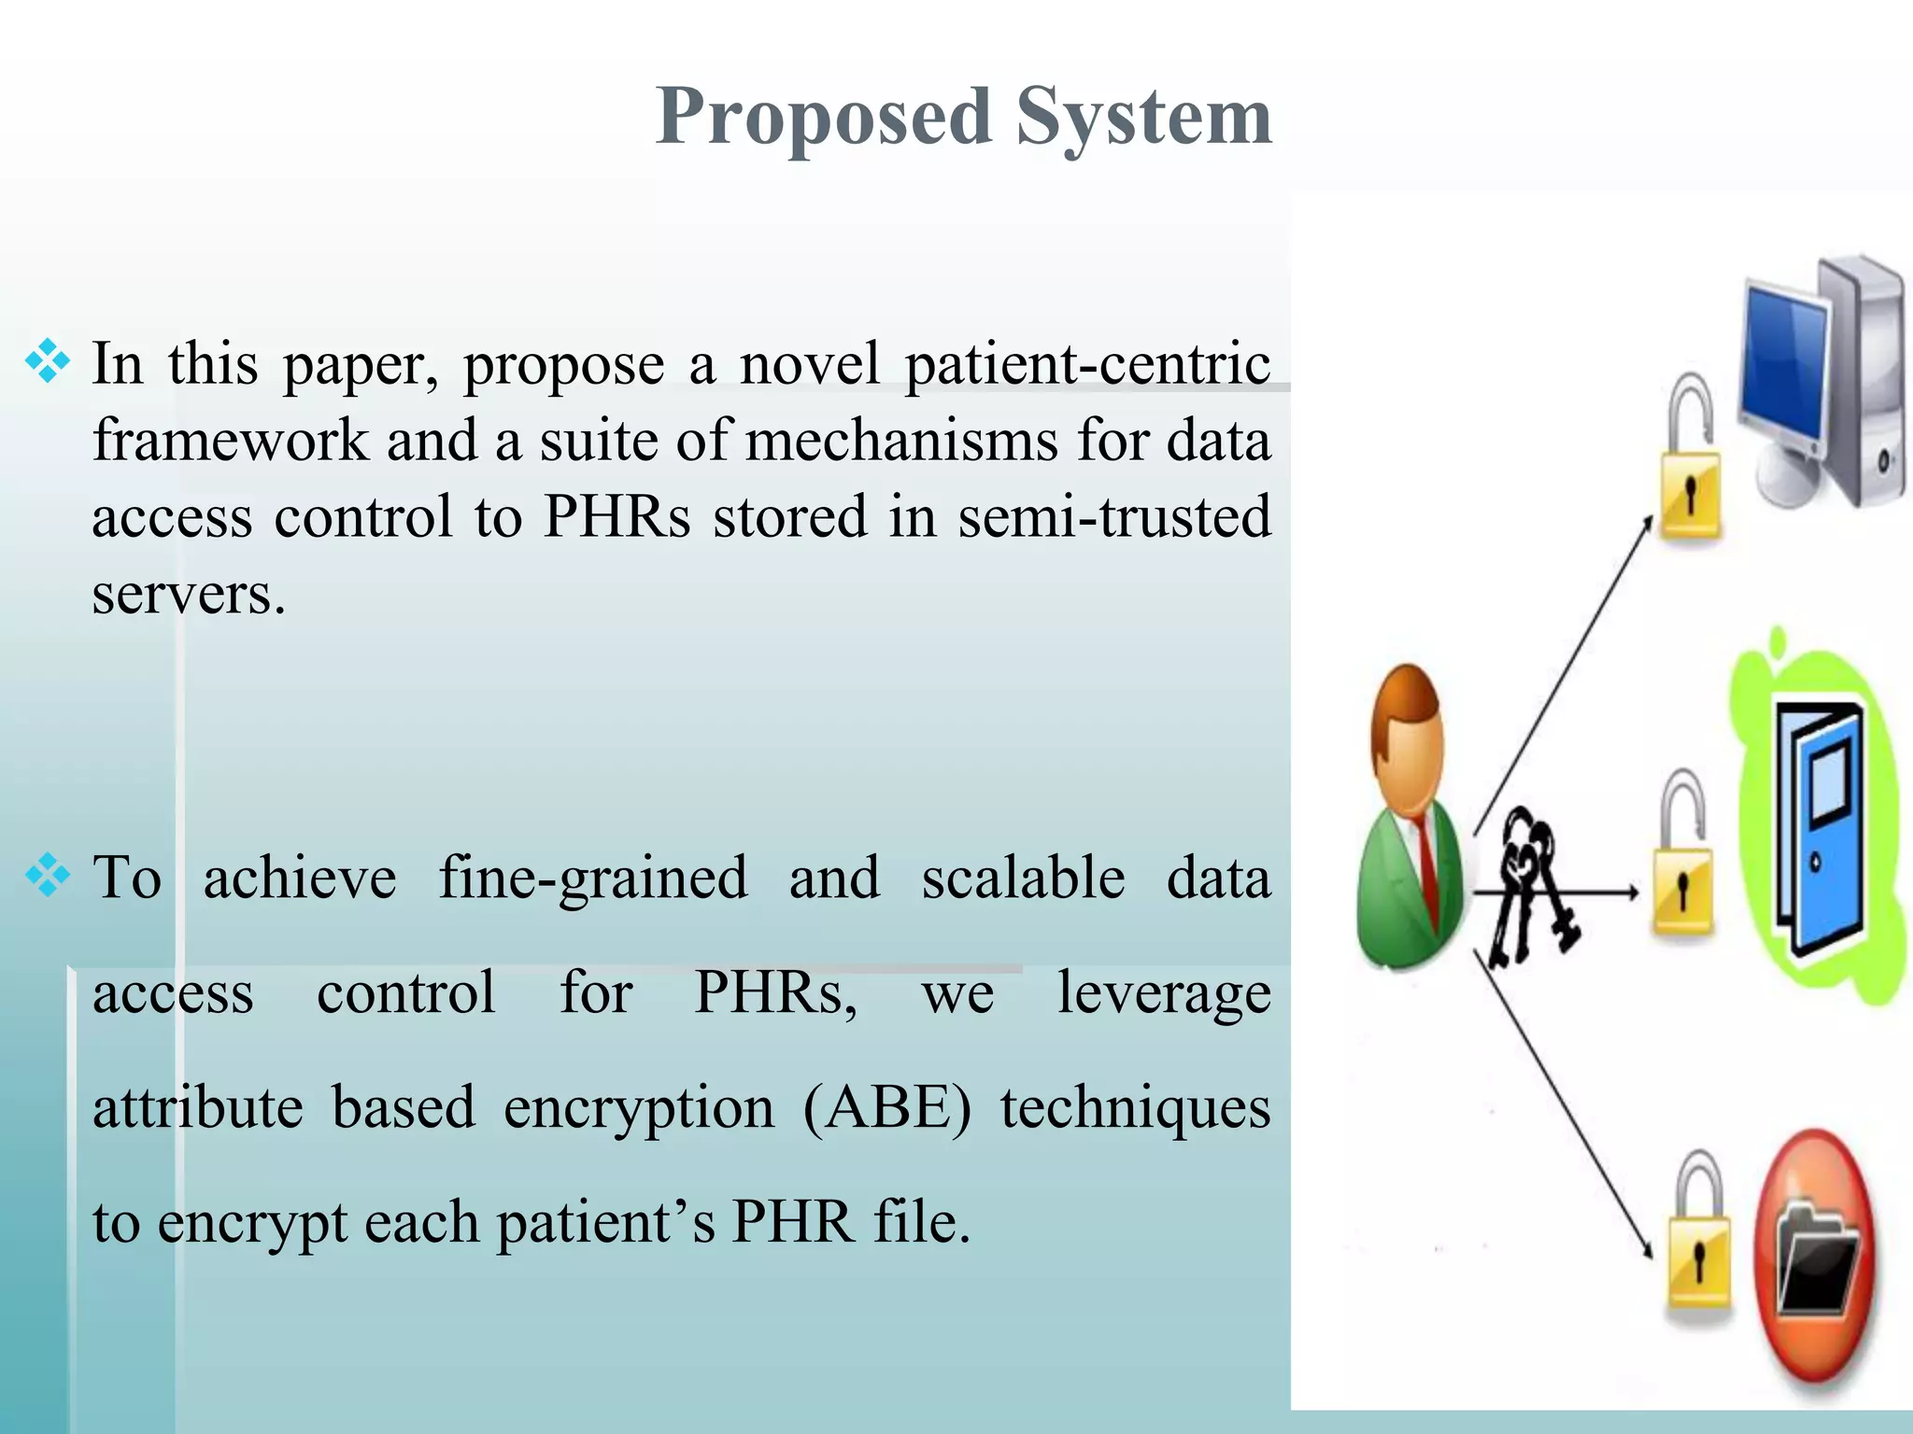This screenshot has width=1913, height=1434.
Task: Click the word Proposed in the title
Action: coord(823,118)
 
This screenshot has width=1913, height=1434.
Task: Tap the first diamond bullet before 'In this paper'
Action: coord(48,362)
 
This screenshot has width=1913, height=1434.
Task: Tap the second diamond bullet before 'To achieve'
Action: coord(48,876)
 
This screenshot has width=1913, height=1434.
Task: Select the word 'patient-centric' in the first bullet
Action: coord(1087,364)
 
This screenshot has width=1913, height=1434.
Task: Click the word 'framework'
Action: coord(230,441)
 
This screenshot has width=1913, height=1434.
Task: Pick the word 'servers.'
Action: coord(188,595)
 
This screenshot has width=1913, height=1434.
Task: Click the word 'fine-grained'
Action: coord(592,879)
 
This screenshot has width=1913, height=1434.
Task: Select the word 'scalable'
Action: coord(1023,879)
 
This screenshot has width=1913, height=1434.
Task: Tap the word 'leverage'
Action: coord(1163,993)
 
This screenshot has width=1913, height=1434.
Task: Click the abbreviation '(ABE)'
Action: coord(886,1109)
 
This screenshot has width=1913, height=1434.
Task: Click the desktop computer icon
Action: coord(1821,383)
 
